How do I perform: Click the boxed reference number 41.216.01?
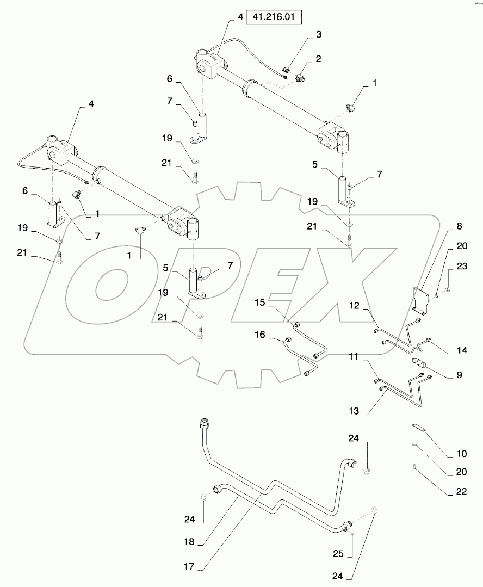274,17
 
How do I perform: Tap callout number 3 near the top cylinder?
318,35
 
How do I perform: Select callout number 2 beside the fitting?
318,58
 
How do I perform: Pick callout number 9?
459,375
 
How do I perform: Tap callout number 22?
461,491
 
